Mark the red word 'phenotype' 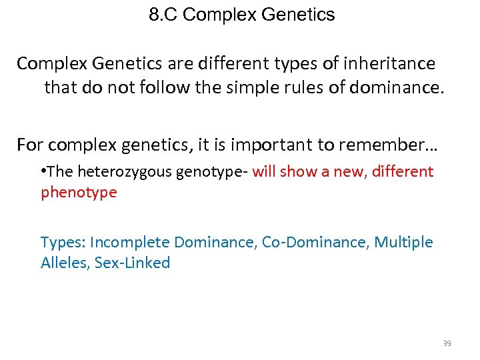coord(79,193)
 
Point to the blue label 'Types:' coord(63,242)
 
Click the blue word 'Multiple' coord(402,242)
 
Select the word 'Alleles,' coord(65,263)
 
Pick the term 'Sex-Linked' coord(133,263)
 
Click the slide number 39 coord(447,343)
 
